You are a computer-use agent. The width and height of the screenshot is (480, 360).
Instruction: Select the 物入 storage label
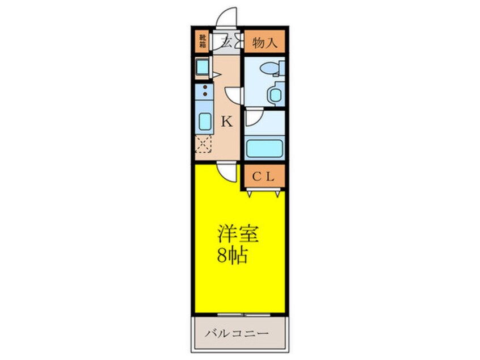[264, 41]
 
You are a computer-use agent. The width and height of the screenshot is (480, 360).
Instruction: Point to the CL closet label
[264, 176]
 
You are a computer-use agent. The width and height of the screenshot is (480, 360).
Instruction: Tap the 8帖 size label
[232, 256]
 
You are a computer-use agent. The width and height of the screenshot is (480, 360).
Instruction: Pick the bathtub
[264, 148]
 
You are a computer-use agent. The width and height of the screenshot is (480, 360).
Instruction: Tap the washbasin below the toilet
[275, 94]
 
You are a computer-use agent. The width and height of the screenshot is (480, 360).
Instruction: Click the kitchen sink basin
[203, 122]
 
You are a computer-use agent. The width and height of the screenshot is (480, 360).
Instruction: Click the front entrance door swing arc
[226, 17]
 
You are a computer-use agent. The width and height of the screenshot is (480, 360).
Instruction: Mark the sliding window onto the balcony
[241, 313]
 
